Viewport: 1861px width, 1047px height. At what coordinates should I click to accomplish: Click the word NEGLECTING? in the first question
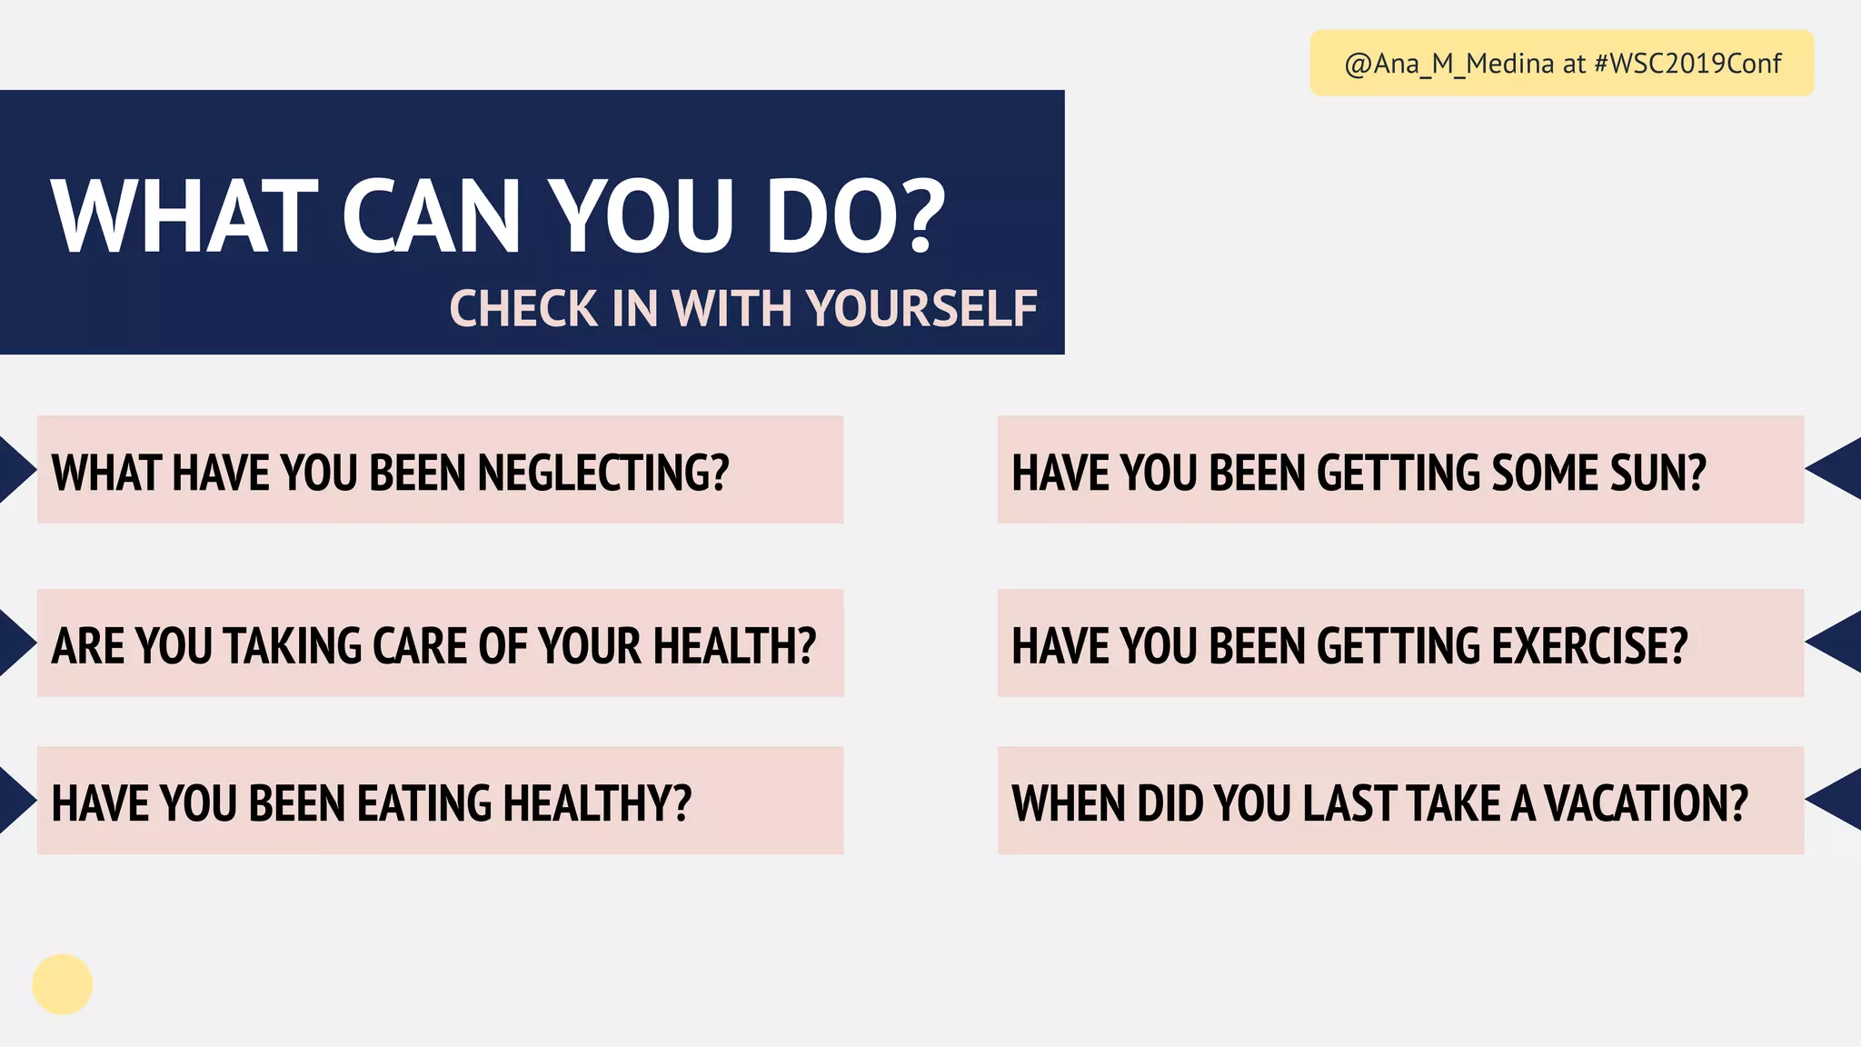coord(602,473)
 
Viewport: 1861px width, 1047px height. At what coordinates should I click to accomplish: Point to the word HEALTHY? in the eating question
coord(597,803)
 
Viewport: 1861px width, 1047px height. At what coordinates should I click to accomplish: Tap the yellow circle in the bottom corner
coord(63,984)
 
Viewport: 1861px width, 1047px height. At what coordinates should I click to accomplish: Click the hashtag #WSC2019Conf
coord(1687,64)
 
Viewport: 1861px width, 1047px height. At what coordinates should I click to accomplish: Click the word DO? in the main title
coord(855,216)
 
